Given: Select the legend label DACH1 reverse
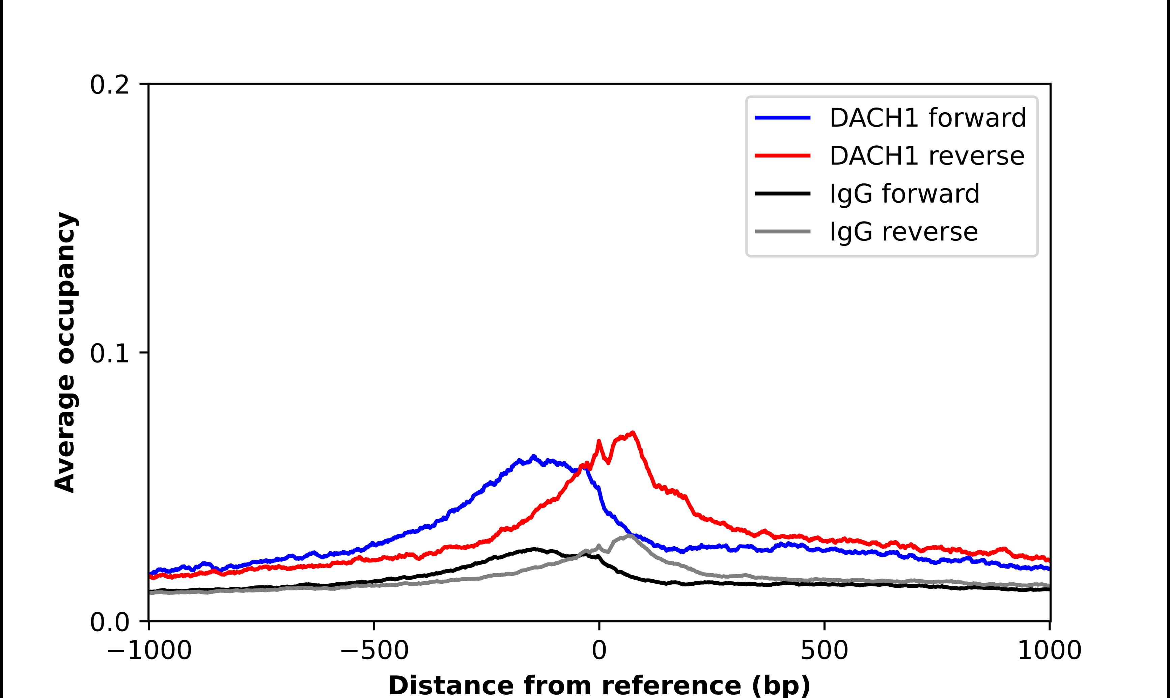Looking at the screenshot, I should click(926, 156).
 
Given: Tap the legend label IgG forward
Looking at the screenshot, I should click(904, 194).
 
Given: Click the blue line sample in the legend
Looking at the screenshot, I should click(782, 118).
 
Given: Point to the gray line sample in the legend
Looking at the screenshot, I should click(782, 231).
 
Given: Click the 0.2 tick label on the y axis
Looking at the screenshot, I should click(109, 85).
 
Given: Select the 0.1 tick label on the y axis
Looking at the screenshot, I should click(109, 353).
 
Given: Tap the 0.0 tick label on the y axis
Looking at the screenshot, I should click(109, 622).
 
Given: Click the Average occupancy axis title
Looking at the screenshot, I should click(65, 352).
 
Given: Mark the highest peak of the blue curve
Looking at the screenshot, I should click(533, 456).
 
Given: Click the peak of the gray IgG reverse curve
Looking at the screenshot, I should click(630, 535).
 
